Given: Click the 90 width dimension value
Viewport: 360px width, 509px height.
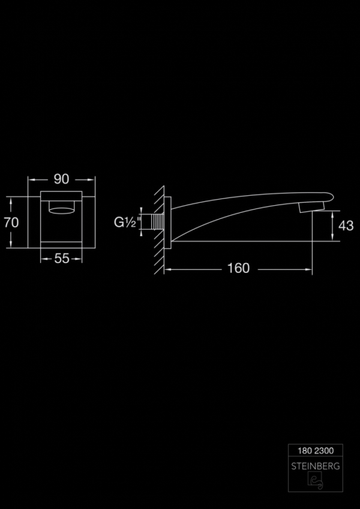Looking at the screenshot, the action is [x=61, y=179].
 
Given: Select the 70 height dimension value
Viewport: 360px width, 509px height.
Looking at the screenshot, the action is [x=11, y=222].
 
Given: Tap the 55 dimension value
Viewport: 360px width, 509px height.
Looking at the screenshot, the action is [x=62, y=259].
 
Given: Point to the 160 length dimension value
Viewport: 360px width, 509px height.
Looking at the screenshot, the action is [x=238, y=269].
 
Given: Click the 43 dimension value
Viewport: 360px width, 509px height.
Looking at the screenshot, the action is [x=346, y=225].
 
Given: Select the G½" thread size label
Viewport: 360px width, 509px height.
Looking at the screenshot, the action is [x=128, y=222].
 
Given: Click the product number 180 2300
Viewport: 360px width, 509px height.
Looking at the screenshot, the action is [x=316, y=451].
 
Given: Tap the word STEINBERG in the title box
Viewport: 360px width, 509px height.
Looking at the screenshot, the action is [x=316, y=466].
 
